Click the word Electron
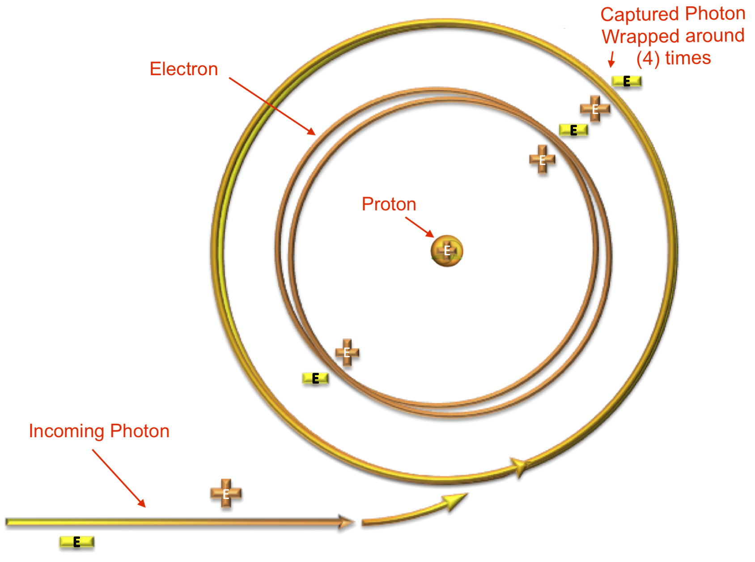click(183, 69)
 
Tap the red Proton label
click(389, 204)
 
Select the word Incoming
click(66, 431)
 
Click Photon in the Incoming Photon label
click(140, 431)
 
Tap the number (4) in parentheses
click(648, 59)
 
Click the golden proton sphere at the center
click(447, 250)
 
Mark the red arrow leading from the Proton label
click(420, 227)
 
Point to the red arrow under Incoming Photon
click(119, 478)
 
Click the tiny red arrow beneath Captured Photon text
click(611, 60)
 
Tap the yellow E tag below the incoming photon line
click(76, 543)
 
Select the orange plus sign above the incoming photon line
click(226, 494)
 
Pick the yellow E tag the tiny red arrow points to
click(627, 81)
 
